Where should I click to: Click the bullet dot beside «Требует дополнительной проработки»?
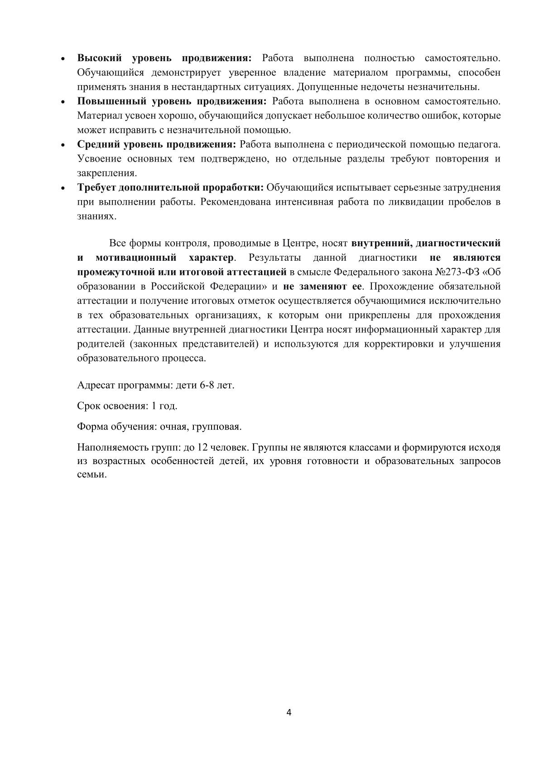coord(64,188)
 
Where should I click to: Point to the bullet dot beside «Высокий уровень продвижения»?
coord(64,59)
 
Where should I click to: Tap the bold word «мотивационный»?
coord(136,258)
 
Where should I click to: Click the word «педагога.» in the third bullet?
coord(481,144)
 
